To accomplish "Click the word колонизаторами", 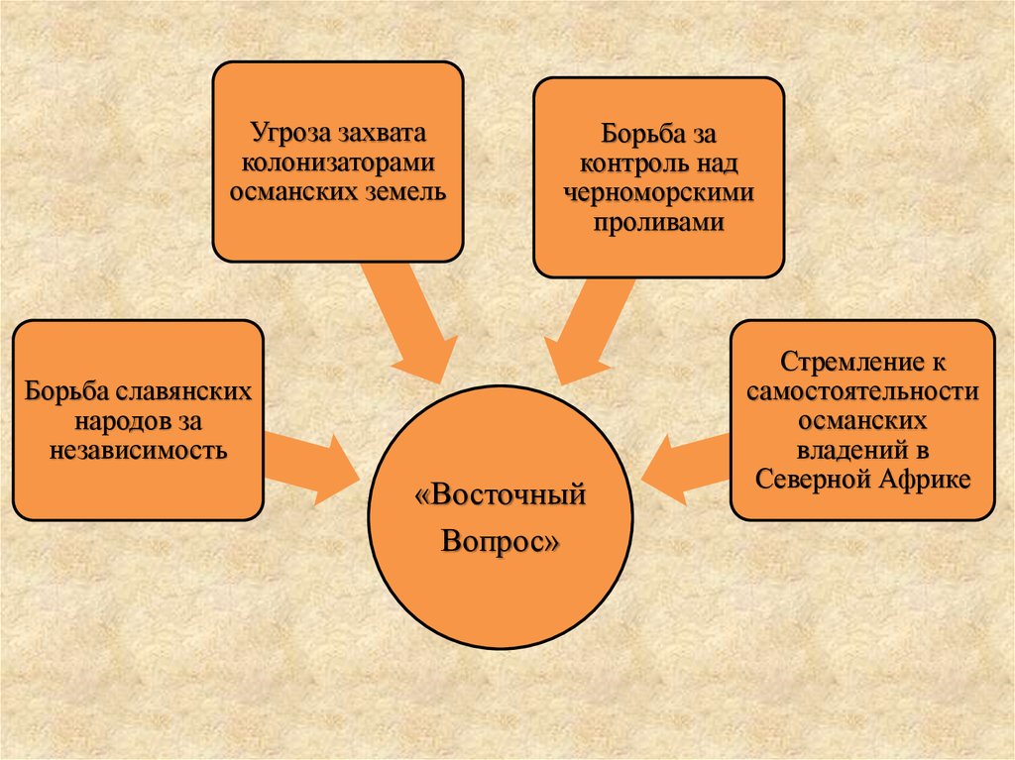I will [337, 162].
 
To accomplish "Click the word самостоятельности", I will [862, 391].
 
